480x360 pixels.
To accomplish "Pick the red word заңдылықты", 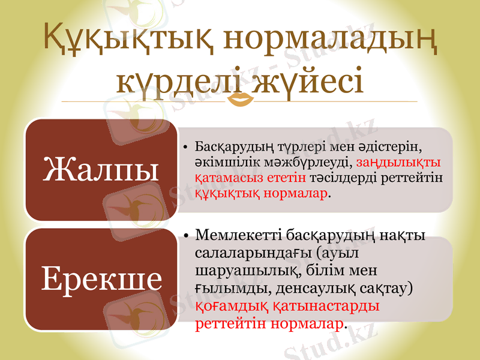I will point(399,163).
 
